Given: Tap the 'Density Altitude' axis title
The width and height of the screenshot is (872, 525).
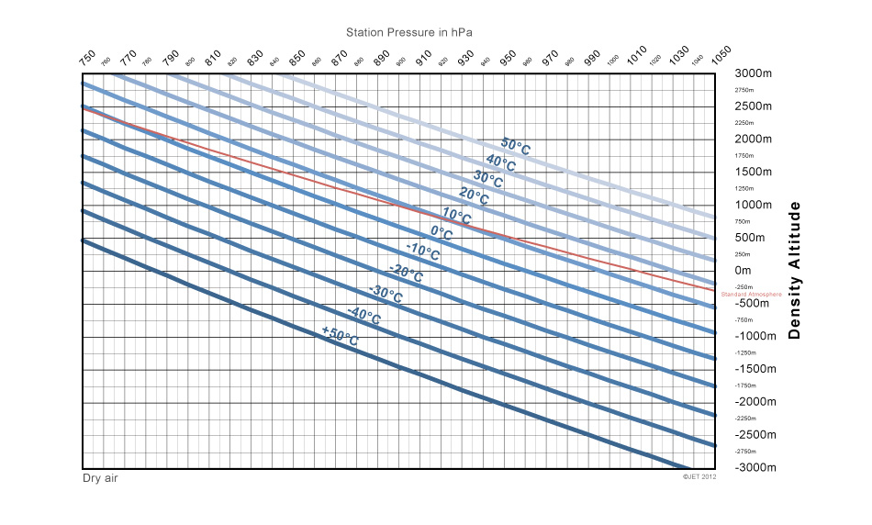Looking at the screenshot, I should point(795,270).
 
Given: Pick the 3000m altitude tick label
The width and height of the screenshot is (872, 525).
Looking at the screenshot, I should point(755,73).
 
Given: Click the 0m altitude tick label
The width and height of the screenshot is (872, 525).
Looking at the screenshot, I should point(743,271).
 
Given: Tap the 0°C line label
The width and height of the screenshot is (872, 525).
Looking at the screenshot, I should point(442,233).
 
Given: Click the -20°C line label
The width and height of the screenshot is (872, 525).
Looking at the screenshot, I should point(406,273).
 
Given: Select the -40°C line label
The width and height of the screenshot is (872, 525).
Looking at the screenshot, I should point(364,316).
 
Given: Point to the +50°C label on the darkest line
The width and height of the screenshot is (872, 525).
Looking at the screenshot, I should point(340,336).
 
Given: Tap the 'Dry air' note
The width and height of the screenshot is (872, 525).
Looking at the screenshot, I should point(101,478).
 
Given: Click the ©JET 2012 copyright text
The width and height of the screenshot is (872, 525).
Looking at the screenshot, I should point(699,477).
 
